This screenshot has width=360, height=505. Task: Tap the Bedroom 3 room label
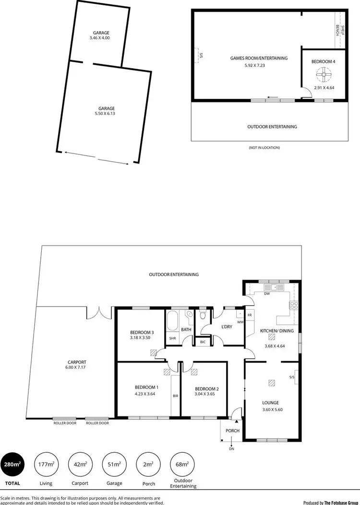[142, 332]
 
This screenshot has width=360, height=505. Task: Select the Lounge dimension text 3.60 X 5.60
[271, 410]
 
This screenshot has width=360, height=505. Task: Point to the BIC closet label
[203, 342]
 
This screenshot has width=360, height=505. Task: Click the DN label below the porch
[231, 449]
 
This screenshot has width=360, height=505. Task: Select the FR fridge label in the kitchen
[250, 315]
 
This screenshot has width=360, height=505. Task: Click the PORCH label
[232, 431]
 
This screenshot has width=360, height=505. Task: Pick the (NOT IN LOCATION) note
[264, 147]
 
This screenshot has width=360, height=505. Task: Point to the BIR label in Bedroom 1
[175, 396]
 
